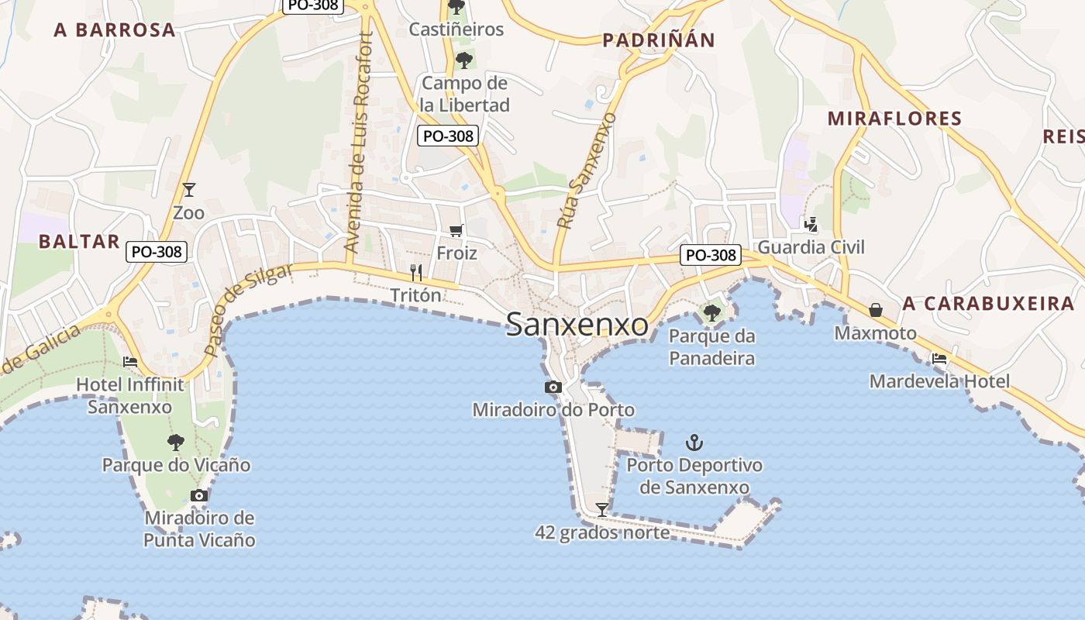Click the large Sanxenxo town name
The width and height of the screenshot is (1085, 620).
(577, 325)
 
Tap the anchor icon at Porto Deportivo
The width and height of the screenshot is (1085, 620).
(694, 443)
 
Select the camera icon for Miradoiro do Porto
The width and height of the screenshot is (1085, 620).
(553, 387)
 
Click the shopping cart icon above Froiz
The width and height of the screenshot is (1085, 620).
(456, 230)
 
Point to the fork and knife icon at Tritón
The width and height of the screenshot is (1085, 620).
(416, 272)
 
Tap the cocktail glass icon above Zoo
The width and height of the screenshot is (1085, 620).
(188, 189)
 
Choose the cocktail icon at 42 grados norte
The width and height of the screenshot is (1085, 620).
(601, 509)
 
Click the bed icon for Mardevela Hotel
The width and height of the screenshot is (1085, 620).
(939, 358)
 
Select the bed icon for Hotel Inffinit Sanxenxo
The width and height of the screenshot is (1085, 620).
(130, 361)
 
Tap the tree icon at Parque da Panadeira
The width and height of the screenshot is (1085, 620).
(711, 313)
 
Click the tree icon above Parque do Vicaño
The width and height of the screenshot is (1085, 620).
(176, 442)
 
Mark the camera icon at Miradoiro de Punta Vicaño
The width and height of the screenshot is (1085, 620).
(199, 495)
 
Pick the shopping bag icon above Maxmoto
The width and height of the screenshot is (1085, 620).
(875, 310)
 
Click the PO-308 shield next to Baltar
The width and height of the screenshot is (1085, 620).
(157, 251)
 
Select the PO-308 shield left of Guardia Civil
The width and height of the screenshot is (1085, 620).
(710, 255)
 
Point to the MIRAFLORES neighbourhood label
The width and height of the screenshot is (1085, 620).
(894, 119)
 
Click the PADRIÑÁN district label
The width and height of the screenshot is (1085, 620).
(659, 40)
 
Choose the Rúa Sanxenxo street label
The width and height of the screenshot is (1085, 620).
(586, 170)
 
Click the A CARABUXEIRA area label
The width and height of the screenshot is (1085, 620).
(988, 303)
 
